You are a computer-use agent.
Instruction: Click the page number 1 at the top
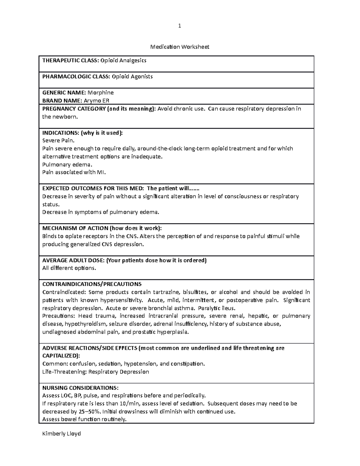pos(179,26)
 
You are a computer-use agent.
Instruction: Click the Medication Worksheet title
pos(180,47)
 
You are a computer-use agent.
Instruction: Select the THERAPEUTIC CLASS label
pos(70,60)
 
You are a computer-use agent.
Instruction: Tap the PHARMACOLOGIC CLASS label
pos(76,77)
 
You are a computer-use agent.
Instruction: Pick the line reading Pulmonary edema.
pos(67,164)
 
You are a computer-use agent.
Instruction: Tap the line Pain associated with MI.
pos(74,172)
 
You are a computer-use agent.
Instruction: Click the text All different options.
pos(69,268)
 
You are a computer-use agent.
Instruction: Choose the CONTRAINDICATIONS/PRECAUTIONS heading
pos(92,284)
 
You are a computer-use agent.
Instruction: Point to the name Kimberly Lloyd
pos(61,434)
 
